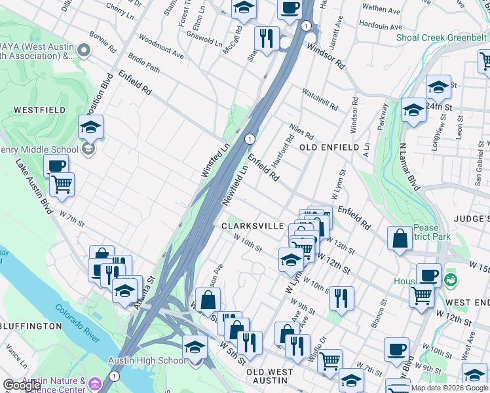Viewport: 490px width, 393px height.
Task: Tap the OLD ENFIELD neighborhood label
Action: [330, 147]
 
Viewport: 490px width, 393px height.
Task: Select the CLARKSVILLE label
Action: [252, 226]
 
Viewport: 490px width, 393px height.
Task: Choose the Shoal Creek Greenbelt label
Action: [442, 37]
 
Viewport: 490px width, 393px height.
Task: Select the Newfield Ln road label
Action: [234, 183]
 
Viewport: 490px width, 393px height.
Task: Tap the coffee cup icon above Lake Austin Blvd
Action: [56, 165]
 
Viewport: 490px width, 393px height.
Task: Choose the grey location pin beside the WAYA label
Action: [83, 50]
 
